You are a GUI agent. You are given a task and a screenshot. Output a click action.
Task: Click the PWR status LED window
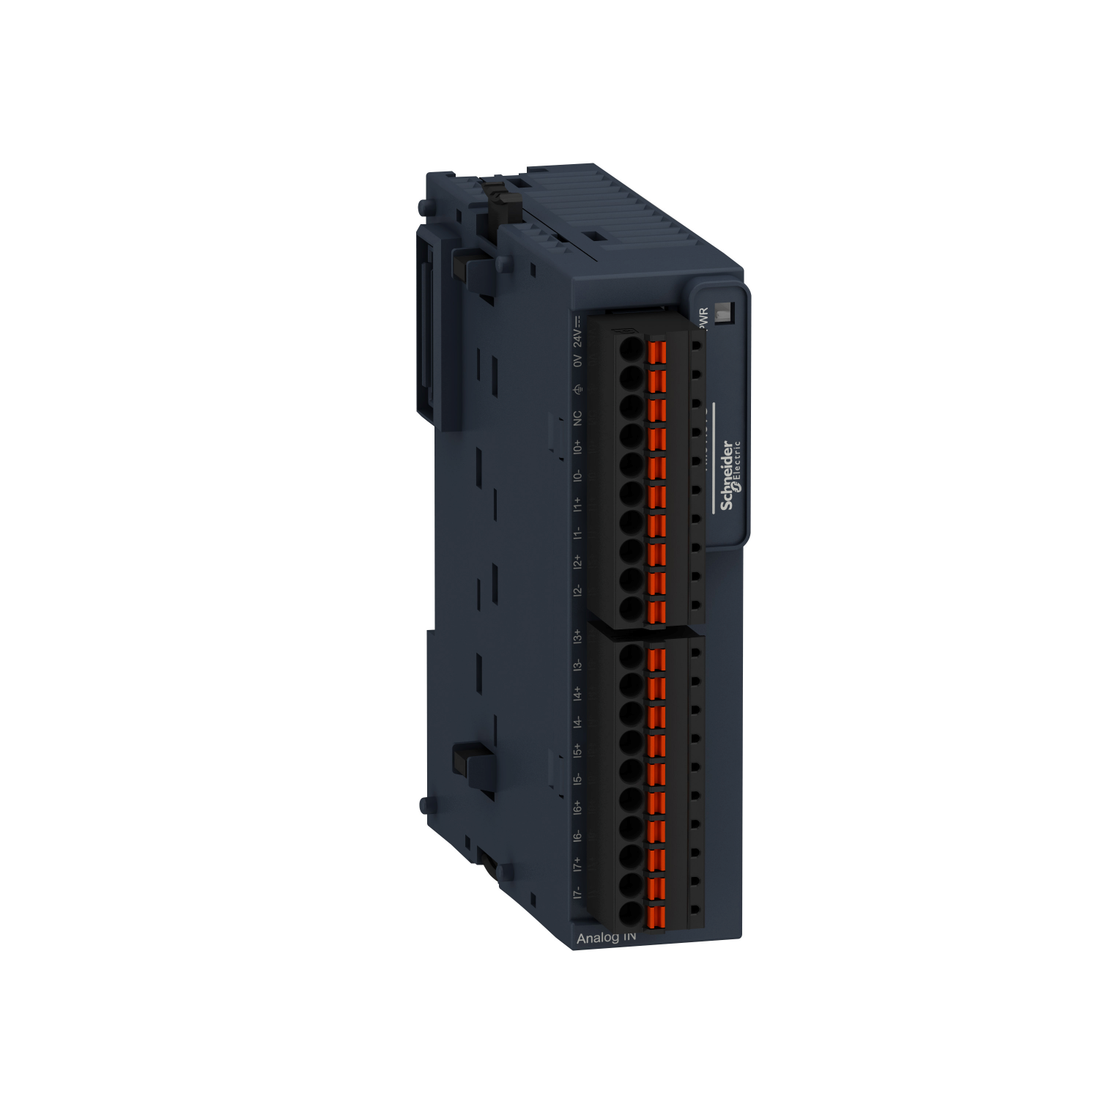pos(721,313)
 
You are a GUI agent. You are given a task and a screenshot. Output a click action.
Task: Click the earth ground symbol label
pos(577,389)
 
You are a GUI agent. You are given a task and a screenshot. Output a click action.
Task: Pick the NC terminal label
pos(577,418)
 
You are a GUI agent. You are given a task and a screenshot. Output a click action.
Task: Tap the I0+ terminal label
pos(577,447)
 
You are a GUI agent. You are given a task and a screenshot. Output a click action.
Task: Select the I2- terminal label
pos(577,590)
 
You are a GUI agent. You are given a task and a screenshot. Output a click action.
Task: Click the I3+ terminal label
pos(577,635)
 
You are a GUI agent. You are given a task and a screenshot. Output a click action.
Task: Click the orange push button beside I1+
pos(657,497)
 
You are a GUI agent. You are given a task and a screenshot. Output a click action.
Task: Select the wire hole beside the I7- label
pos(631,914)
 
